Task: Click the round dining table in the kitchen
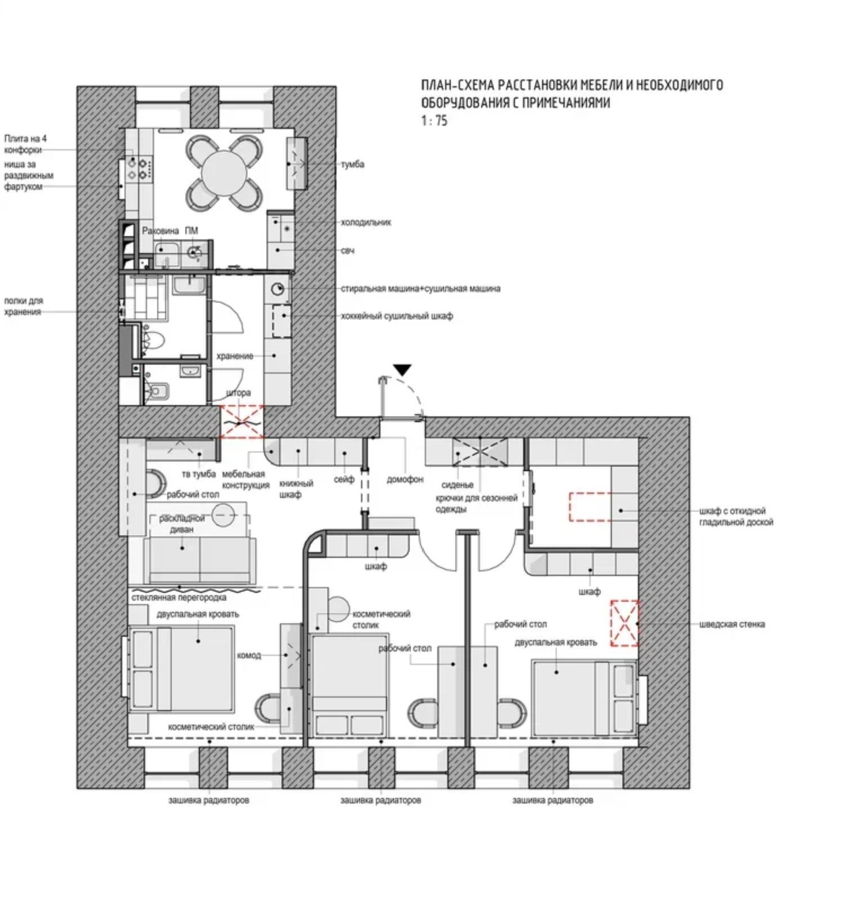coord(224,173)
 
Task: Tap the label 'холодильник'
coord(366,223)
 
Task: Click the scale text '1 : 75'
coord(434,121)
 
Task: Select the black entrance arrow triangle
coord(402,370)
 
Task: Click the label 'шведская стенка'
coord(732,624)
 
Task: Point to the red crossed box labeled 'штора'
coord(242,421)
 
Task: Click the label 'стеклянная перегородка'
coord(179,597)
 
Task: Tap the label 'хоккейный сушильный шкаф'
coord(397,316)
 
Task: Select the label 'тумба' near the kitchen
coord(353,165)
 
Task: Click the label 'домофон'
coord(405,480)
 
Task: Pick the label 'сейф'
coord(344,480)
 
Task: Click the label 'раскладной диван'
coord(181,524)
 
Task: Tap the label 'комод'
coord(249,655)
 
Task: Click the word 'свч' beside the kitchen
coord(348,251)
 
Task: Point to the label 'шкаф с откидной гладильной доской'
coord(736,517)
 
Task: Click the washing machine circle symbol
coord(278,289)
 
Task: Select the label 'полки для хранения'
coord(24,307)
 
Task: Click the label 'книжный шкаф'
coord(296,489)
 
